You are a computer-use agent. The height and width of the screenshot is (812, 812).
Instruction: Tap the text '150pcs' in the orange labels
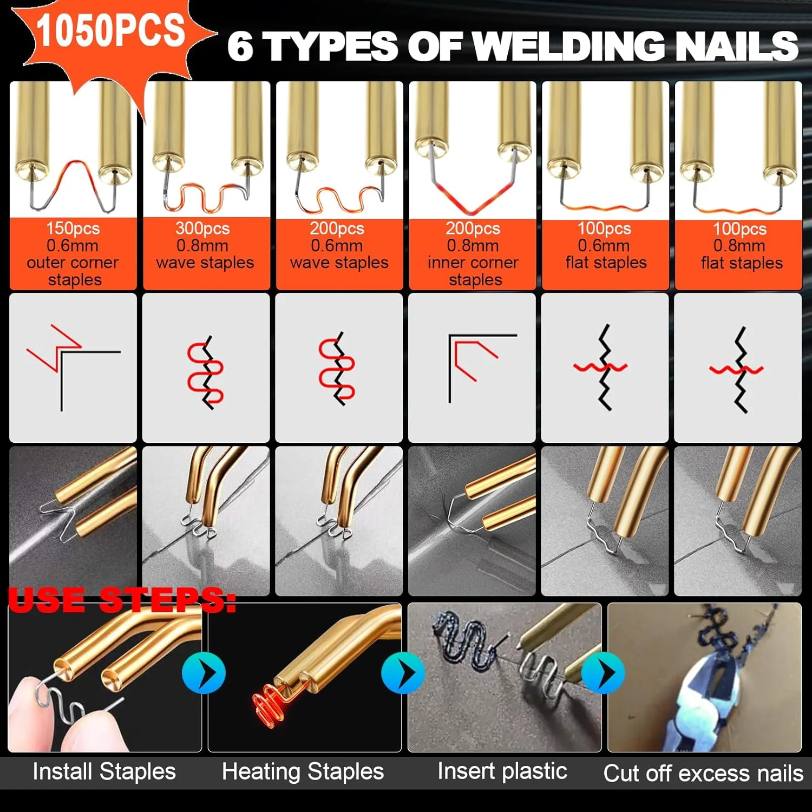tap(73, 228)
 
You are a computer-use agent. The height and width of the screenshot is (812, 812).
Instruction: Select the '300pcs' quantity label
tap(202, 228)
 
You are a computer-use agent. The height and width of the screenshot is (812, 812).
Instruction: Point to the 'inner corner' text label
tap(473, 263)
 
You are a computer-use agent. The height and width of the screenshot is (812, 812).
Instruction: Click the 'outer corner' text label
tap(73, 263)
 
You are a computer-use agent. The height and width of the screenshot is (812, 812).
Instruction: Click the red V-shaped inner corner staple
tap(473, 198)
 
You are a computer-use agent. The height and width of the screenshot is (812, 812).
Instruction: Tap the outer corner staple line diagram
tap(73, 365)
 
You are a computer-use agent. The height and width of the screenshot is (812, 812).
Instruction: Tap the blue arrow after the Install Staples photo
tap(204, 673)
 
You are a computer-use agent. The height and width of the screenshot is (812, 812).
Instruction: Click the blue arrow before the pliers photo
tap(603, 673)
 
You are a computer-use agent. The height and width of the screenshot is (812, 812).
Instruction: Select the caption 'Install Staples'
tap(104, 771)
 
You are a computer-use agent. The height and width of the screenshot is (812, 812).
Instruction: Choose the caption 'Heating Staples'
tap(303, 771)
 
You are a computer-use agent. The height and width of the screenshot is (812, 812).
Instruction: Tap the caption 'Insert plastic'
tap(502, 771)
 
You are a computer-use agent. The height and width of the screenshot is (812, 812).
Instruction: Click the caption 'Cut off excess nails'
tap(703, 773)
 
